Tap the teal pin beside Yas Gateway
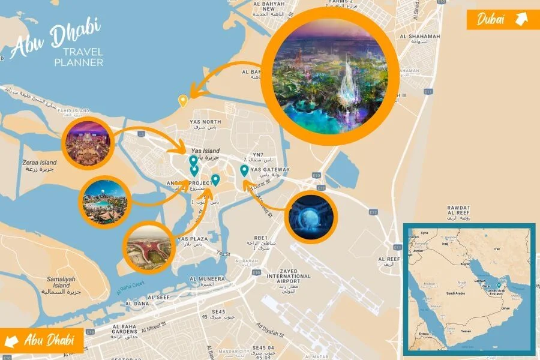(244, 171)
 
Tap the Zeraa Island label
(40, 166)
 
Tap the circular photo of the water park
(106, 200)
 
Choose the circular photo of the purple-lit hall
(88, 142)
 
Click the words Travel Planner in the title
(79, 57)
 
